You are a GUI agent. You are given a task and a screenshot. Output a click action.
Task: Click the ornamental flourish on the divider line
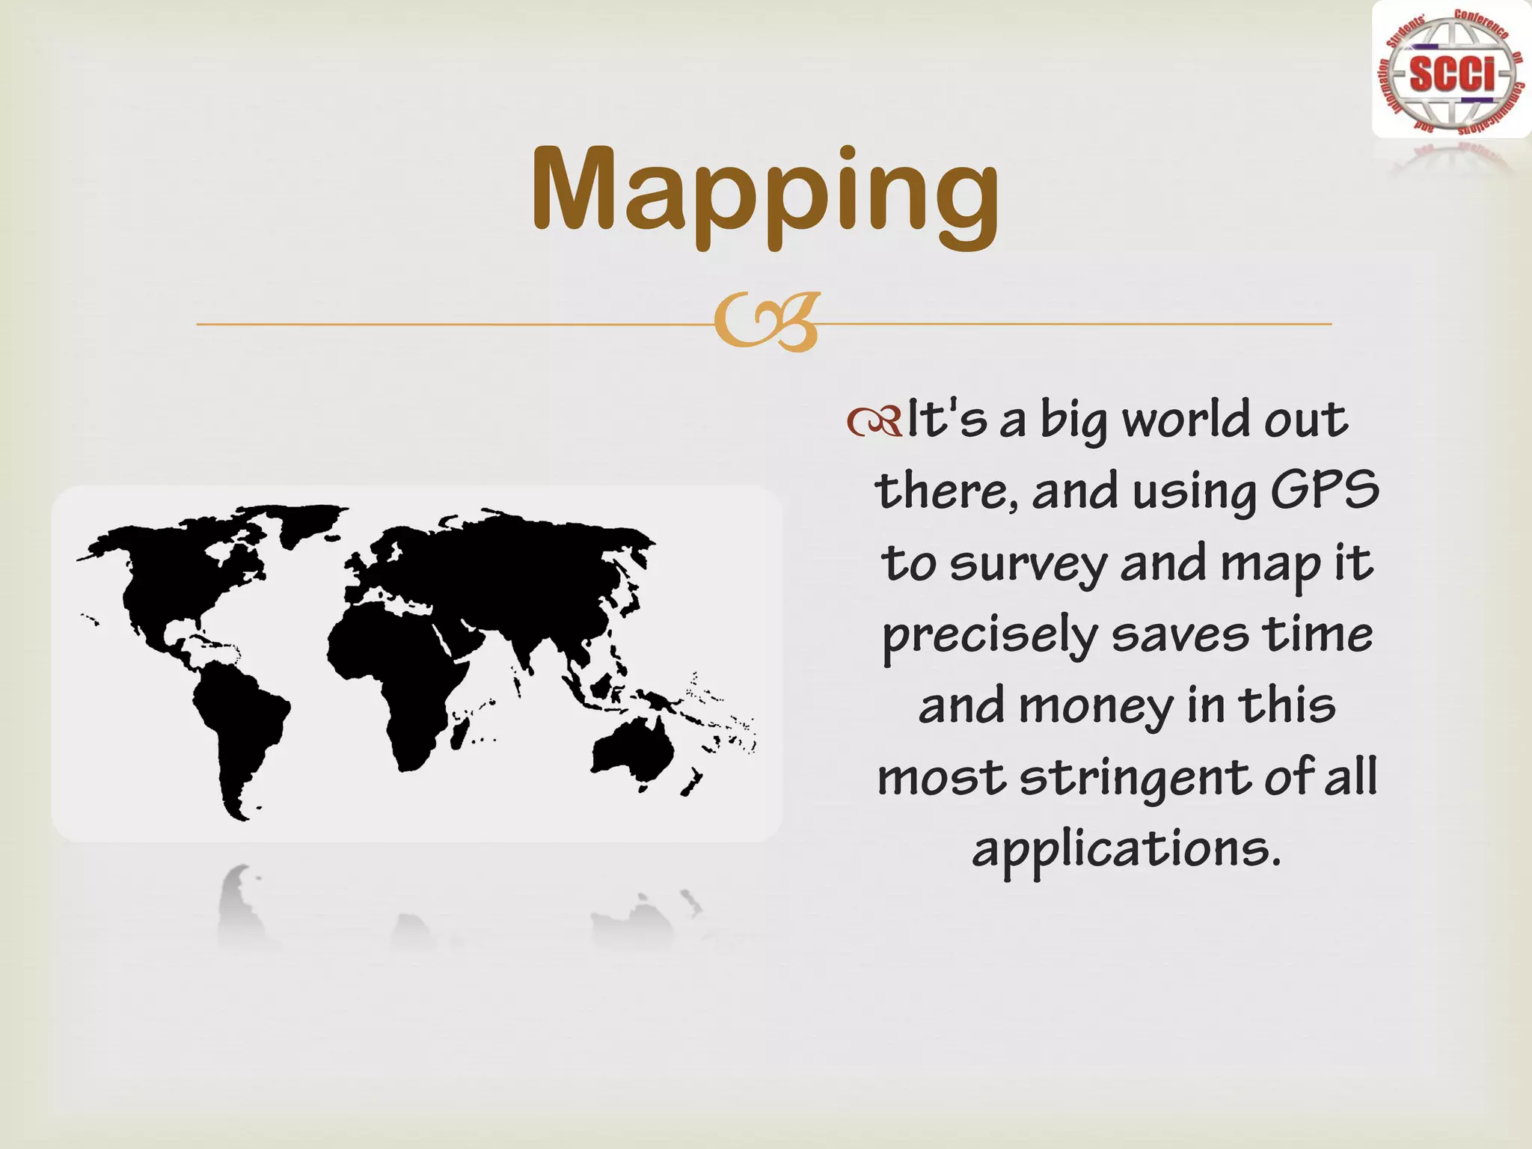click(766, 324)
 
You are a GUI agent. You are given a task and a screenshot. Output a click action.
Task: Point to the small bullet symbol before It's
click(874, 423)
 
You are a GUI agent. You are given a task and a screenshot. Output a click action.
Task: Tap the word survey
click(1029, 565)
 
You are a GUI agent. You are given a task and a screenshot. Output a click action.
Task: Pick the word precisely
click(989, 637)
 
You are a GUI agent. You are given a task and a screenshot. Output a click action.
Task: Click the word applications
click(1126, 851)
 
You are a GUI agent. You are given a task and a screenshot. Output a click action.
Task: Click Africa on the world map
click(396, 673)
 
